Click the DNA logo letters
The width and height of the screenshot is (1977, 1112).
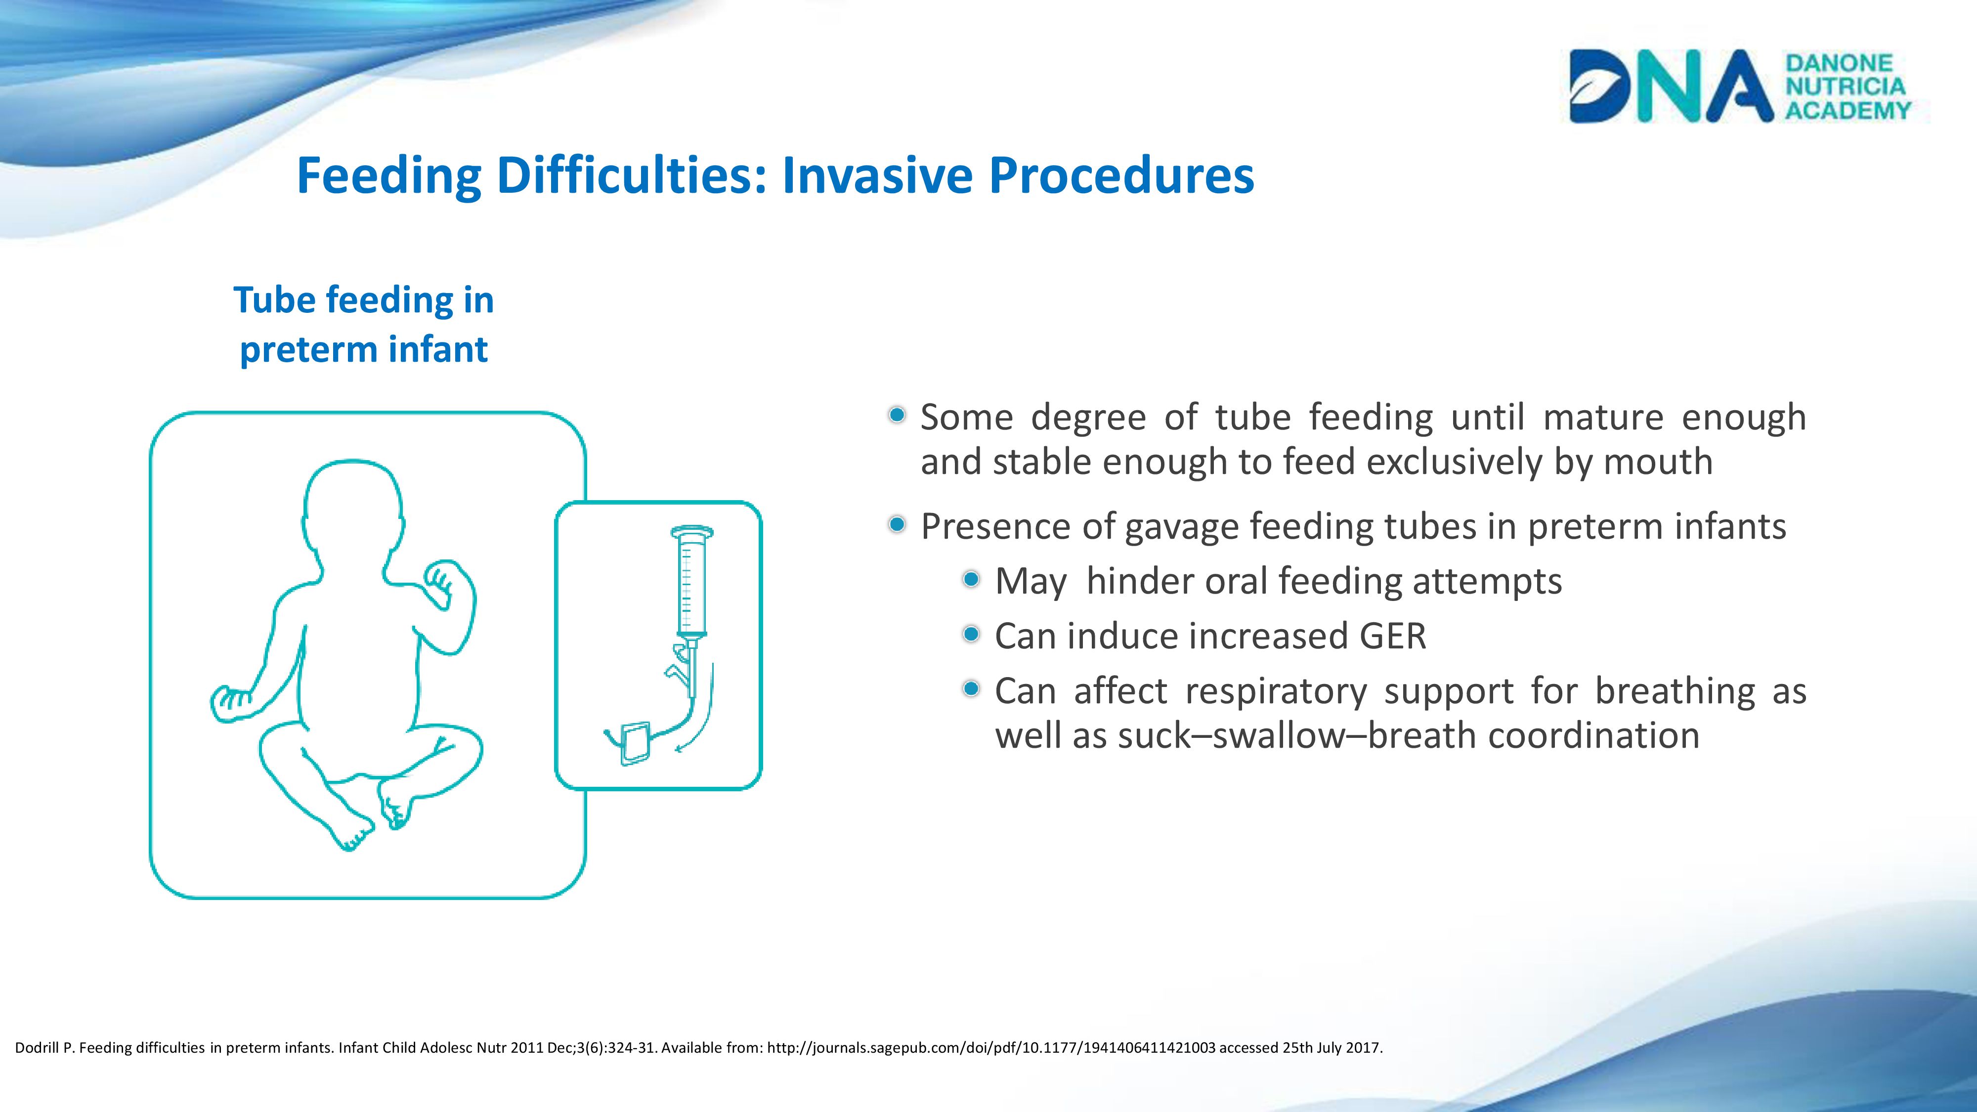(1671, 86)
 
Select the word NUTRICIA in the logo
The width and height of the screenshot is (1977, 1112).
(1846, 86)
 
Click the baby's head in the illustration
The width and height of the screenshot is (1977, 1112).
(353, 507)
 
